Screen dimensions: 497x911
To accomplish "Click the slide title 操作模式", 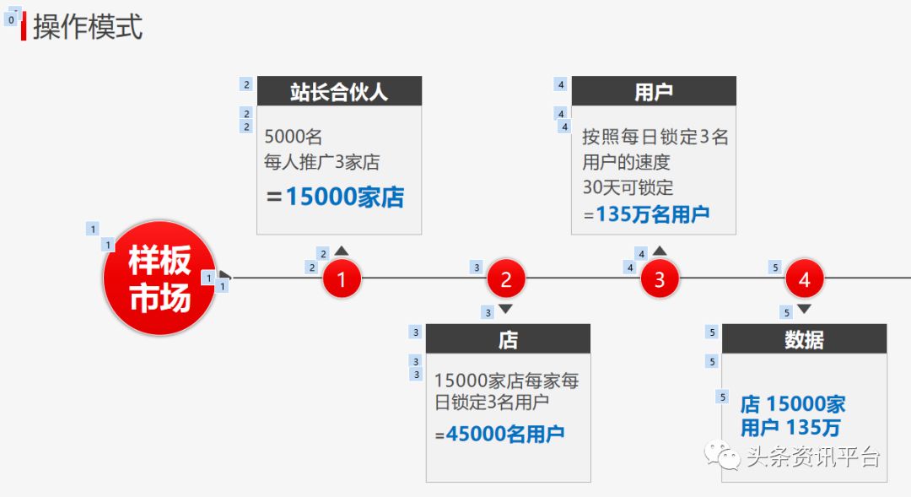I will pos(88,26).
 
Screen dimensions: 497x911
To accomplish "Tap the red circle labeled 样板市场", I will pos(159,278).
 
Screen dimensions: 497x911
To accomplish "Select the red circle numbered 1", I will pos(342,279).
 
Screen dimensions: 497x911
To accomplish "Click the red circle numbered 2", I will pos(506,279).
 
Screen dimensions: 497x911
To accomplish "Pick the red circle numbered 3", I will pos(660,279).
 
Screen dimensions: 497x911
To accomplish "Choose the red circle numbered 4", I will pos(804,279).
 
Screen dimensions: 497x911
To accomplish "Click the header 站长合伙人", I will pos(339,91).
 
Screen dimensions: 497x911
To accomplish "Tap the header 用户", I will pos(654,91).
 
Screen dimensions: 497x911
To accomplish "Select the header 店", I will pos(508,339).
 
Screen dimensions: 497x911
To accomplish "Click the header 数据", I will pos(804,339).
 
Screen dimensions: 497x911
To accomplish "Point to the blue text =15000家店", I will pos(335,197).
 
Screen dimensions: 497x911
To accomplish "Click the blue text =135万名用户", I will pos(646,214).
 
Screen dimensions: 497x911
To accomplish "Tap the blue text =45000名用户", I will pos(499,435).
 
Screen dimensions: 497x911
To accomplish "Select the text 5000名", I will pos(293,137).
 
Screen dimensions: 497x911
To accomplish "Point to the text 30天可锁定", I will pos(628,187).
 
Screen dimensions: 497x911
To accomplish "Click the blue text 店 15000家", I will pos(793,404).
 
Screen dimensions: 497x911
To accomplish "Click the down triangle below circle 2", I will pos(506,309).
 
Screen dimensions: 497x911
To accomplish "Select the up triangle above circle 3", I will pos(660,251).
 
